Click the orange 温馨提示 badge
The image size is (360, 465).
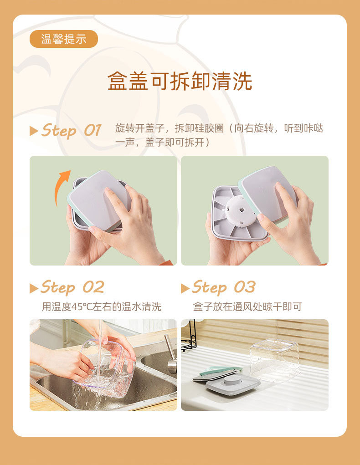(x=64, y=39)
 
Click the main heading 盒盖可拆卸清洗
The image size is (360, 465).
(x=180, y=82)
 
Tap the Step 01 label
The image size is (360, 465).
(x=71, y=131)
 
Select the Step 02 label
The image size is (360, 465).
(x=72, y=287)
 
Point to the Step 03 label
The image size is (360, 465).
(x=223, y=287)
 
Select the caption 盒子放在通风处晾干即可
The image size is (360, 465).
(x=247, y=307)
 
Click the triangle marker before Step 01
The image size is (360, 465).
(x=34, y=131)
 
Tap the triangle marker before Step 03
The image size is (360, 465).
(x=185, y=288)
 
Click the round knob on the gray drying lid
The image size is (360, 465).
(x=232, y=380)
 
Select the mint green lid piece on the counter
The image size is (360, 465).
(x=221, y=369)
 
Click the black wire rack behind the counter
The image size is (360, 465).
(x=190, y=337)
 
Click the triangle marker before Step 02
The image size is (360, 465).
(x=34, y=288)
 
